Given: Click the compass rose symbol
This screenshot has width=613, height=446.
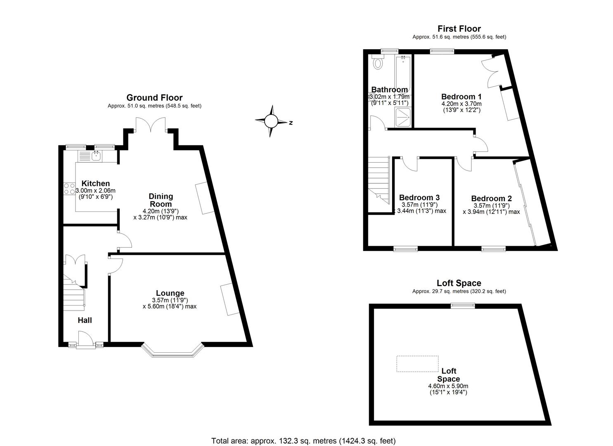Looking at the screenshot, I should [x=271, y=121].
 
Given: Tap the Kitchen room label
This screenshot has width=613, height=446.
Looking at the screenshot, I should [x=95, y=183].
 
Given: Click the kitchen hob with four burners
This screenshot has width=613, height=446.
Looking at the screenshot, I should [x=69, y=189].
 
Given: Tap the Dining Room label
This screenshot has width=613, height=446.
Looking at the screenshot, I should [x=161, y=200].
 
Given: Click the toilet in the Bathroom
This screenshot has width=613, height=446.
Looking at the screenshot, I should [x=377, y=63].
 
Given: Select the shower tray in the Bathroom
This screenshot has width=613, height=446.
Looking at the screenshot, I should [x=403, y=117].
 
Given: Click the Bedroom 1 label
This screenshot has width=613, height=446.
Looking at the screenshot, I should [x=461, y=97].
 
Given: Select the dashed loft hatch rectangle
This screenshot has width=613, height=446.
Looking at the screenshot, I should [x=417, y=364].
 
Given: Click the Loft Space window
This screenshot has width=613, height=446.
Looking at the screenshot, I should [x=462, y=306].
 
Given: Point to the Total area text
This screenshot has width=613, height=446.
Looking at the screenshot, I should [x=303, y=441].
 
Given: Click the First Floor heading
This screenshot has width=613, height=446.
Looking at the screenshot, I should [x=459, y=28].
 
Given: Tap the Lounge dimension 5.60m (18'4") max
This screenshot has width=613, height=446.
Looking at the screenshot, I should [x=169, y=306].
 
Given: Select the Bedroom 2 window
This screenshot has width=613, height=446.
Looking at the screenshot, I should [x=493, y=249].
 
